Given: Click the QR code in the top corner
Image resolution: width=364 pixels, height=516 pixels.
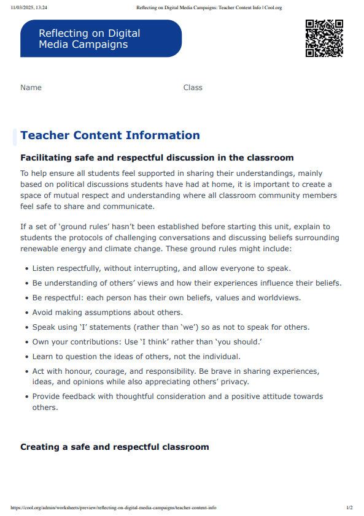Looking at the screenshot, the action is (x=324, y=39).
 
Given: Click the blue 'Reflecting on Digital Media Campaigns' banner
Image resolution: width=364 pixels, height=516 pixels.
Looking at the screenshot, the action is (x=101, y=39).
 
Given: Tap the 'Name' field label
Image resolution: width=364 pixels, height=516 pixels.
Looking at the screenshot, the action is (x=31, y=88).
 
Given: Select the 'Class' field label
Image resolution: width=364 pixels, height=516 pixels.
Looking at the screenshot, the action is (x=193, y=88).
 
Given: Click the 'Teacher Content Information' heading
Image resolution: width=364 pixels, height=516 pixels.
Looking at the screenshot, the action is (x=110, y=135).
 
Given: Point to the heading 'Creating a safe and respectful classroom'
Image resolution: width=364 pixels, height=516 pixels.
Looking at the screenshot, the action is (x=115, y=447).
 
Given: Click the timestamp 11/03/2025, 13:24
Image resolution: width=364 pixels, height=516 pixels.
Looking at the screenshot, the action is (x=29, y=8).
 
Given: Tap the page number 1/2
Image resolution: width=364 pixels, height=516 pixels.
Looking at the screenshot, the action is (x=349, y=508).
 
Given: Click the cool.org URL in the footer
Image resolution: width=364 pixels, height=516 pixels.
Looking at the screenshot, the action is (x=114, y=508).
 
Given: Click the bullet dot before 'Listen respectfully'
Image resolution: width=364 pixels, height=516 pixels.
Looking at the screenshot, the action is (x=26, y=269).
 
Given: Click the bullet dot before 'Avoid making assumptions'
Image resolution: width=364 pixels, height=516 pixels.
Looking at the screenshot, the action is (x=26, y=313).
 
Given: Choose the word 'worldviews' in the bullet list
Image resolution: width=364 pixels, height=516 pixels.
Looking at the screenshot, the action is (x=279, y=298).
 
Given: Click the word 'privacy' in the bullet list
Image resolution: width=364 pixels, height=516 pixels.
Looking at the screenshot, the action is (x=233, y=382).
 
